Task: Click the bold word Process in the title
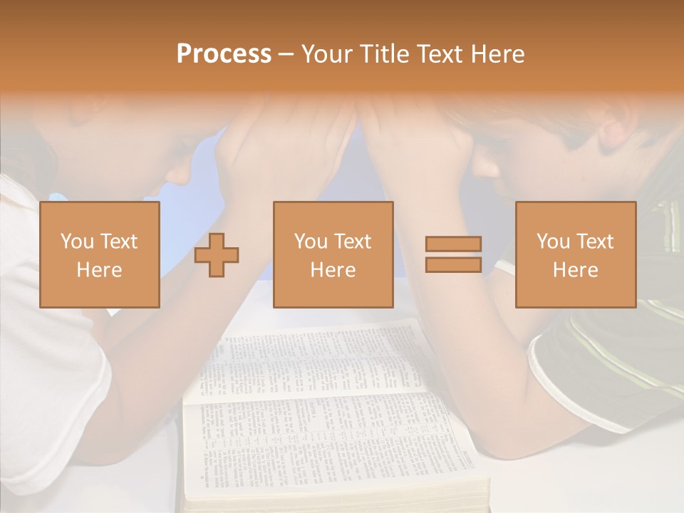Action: pyautogui.click(x=224, y=54)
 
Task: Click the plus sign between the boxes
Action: pyautogui.click(x=217, y=255)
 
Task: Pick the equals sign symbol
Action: pyautogui.click(x=453, y=254)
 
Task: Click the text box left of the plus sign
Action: pyautogui.click(x=99, y=254)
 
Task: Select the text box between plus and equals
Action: pyautogui.click(x=333, y=254)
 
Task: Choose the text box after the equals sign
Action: pyautogui.click(x=575, y=254)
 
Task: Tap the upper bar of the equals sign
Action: pyautogui.click(x=453, y=244)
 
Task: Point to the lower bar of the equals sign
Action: pyautogui.click(x=453, y=264)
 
